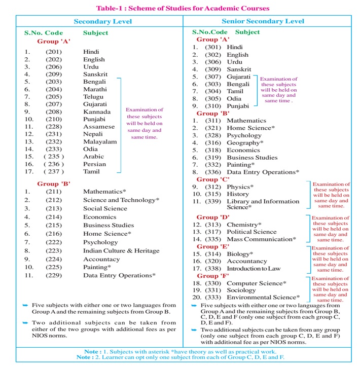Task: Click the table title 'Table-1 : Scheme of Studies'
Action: tap(179, 8)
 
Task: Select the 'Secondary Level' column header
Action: tap(102, 21)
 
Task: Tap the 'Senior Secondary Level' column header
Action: tap(263, 21)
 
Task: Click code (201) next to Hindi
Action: tap(54, 52)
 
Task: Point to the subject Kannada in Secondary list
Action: tap(97, 112)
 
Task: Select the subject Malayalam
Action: tap(100, 142)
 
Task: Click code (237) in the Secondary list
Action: tap(54, 172)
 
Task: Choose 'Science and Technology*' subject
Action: tap(121, 200)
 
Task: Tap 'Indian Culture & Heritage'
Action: tap(121, 251)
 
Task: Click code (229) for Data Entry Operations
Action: tap(54, 276)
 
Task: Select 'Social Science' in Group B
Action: tap(105, 208)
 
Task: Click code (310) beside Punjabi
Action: tap(213, 106)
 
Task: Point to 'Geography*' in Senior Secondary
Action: tap(245, 143)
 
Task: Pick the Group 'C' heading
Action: tap(213, 179)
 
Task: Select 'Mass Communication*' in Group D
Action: tap(261, 239)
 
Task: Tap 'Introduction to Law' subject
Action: tap(254, 269)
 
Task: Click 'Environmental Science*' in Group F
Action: tap(263, 298)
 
